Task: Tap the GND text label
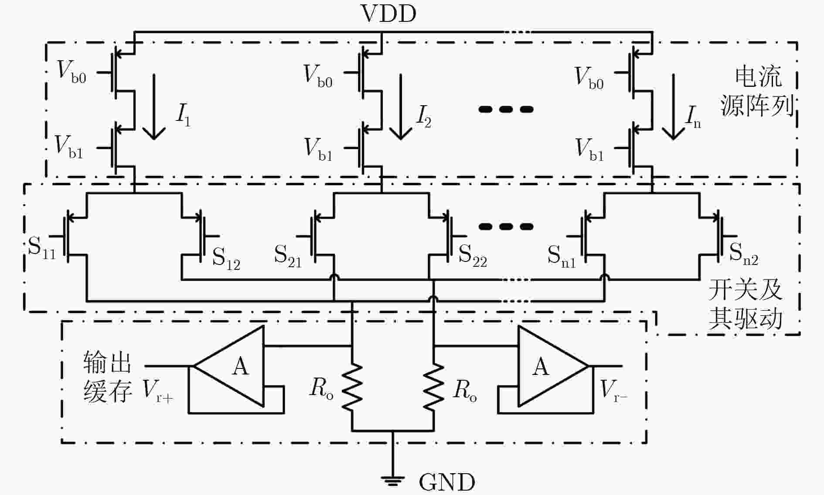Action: [447, 482]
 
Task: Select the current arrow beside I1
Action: [154, 107]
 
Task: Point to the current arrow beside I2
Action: [401, 107]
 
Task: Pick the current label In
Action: [693, 117]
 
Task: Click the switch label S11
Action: [42, 247]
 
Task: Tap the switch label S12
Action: [226, 258]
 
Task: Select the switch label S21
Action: [288, 256]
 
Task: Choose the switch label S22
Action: [473, 256]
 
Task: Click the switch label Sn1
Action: [562, 256]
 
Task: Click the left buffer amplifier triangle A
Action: [228, 366]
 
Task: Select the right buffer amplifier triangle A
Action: [553, 366]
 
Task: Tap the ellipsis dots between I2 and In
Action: [506, 109]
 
